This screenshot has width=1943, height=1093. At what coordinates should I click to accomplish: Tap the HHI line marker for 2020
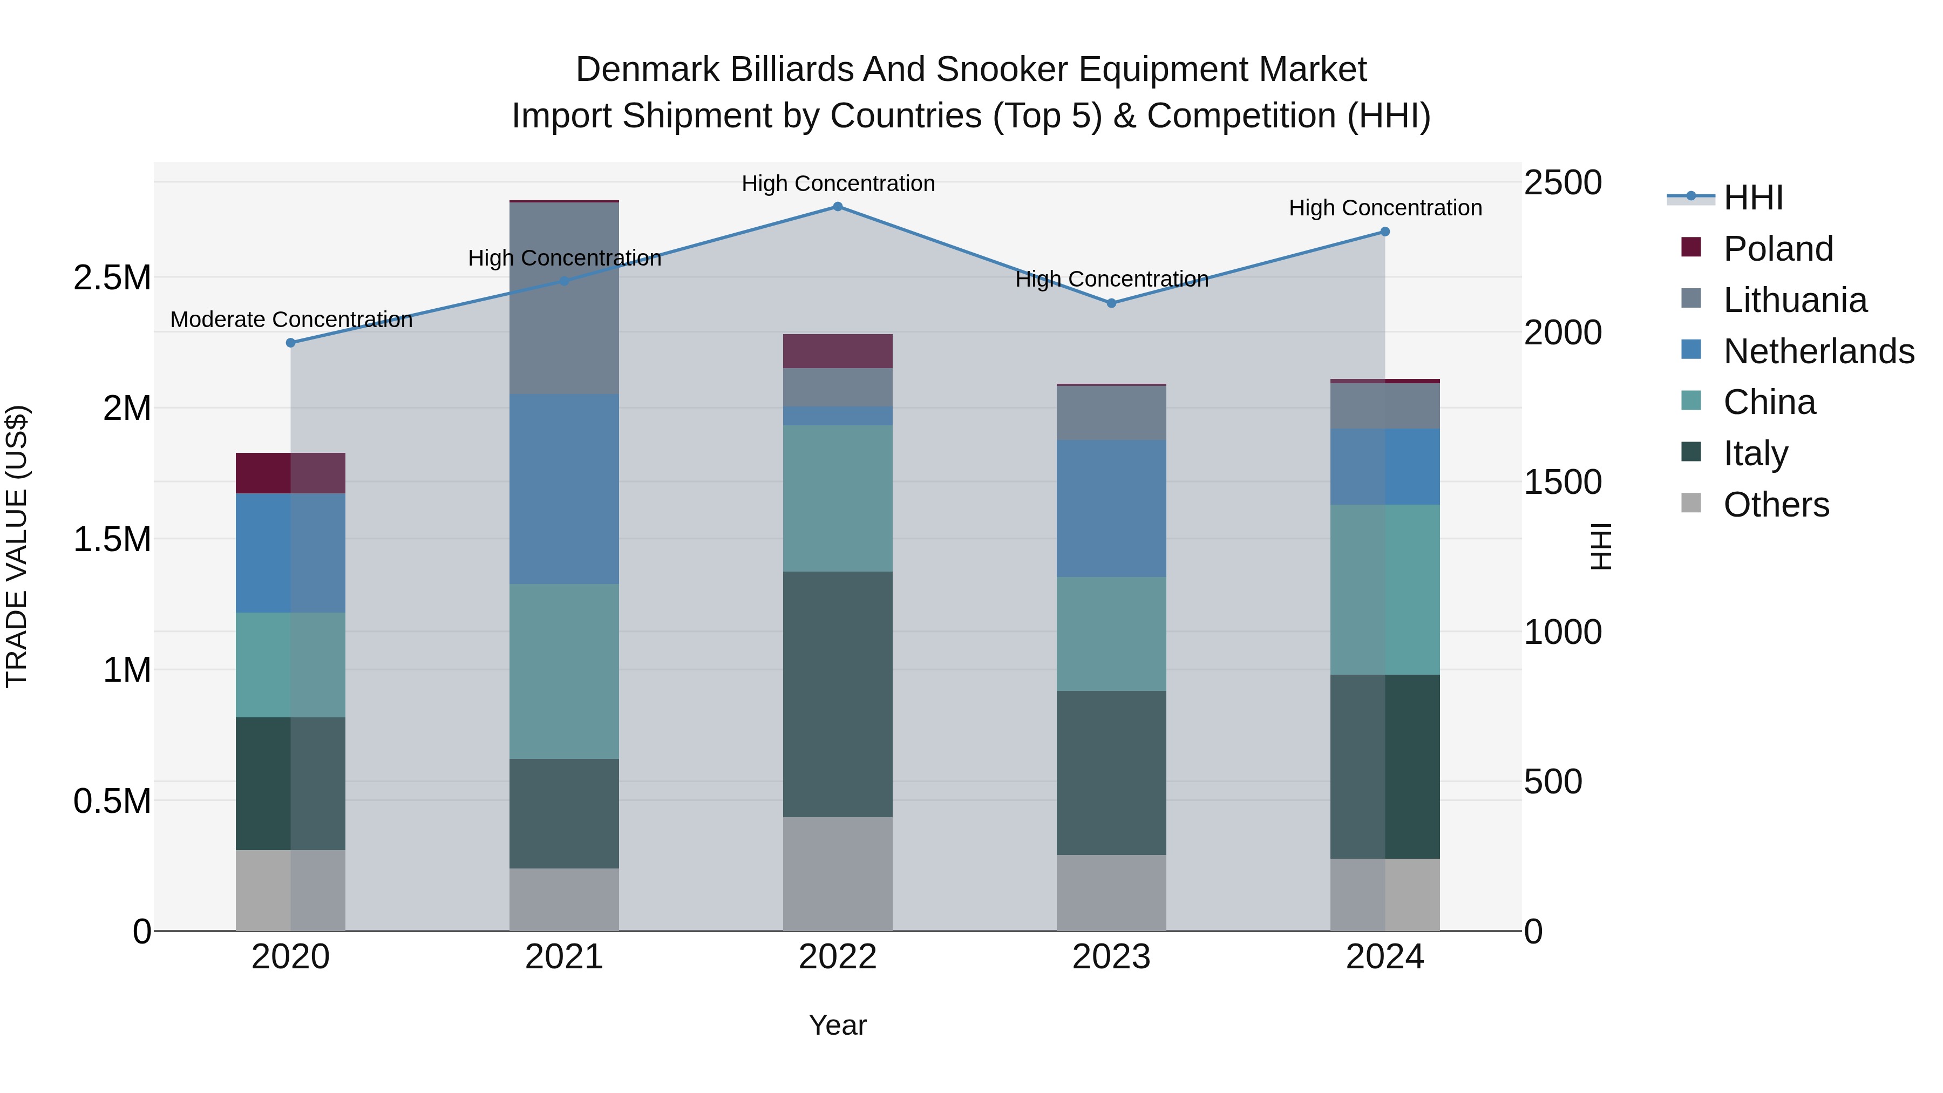click(x=290, y=342)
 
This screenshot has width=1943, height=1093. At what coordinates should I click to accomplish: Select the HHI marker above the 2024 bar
click(x=1385, y=232)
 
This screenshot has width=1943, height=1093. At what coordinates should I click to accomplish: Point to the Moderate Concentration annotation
click(x=291, y=320)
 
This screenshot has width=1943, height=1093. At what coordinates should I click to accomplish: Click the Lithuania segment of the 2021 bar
click(x=564, y=298)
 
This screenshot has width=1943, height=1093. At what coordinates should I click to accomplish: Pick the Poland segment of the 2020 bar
click(x=290, y=473)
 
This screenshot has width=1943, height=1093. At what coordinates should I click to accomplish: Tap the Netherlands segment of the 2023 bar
click(x=1111, y=508)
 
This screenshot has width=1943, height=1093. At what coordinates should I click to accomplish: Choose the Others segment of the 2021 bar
click(x=564, y=899)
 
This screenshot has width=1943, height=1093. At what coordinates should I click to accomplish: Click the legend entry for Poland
click(x=1777, y=249)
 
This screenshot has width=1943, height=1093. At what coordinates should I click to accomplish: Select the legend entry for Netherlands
click(x=1818, y=351)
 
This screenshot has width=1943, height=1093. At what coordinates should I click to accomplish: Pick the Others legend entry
click(x=1776, y=505)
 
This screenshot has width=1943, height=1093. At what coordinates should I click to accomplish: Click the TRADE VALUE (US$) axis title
click(x=17, y=546)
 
